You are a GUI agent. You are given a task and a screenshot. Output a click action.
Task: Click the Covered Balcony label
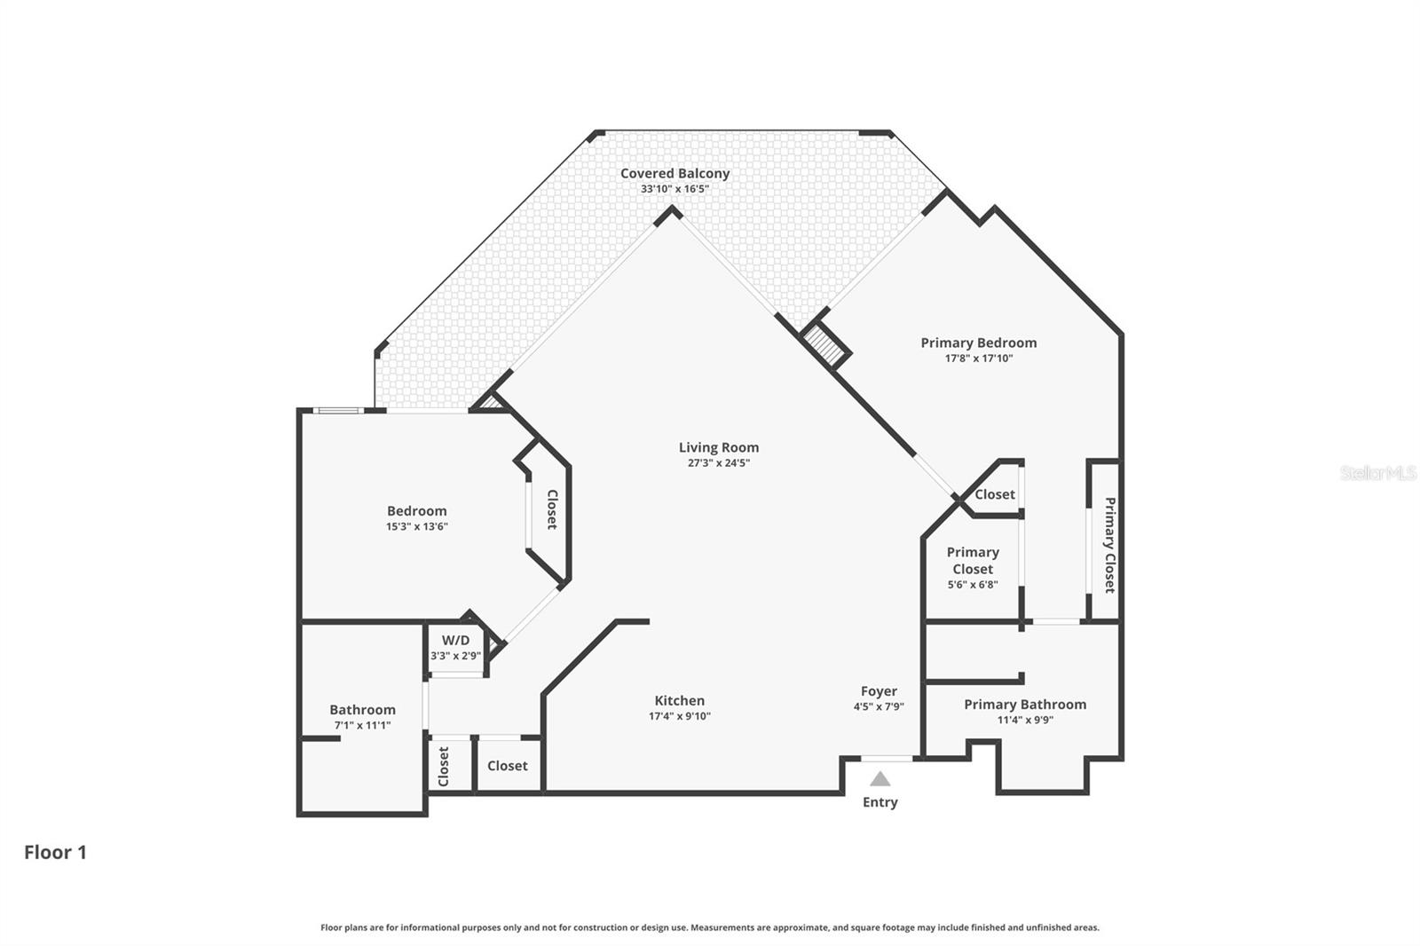674,174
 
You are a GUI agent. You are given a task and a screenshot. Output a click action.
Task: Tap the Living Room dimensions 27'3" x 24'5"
718,463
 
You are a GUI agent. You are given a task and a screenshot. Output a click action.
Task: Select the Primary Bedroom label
978,343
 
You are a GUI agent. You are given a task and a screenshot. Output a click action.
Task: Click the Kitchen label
679,700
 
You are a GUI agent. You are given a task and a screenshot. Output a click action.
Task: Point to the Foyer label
879,691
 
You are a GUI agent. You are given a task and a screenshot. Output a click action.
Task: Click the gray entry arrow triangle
880,779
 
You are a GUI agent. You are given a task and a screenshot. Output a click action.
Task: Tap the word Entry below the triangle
880,802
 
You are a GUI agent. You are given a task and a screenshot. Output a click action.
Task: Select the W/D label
455,640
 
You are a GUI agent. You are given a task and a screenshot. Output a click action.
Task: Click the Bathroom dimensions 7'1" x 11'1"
362,725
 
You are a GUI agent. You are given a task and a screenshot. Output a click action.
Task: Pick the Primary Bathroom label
1025,705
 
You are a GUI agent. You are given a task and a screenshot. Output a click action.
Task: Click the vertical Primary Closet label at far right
1109,544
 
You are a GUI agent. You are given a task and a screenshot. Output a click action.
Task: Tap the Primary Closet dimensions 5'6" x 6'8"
973,585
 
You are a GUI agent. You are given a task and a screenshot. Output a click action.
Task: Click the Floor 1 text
55,852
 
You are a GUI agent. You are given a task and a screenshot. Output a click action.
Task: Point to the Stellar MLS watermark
1377,473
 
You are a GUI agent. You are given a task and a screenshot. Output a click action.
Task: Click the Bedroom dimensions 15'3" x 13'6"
416,526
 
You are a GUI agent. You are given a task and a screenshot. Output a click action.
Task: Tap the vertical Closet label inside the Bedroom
551,509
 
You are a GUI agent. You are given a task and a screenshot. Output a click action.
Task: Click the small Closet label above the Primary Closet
994,494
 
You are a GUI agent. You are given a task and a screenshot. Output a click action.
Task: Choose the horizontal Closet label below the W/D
507,766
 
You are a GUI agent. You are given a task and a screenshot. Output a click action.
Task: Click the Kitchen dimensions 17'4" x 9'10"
679,716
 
